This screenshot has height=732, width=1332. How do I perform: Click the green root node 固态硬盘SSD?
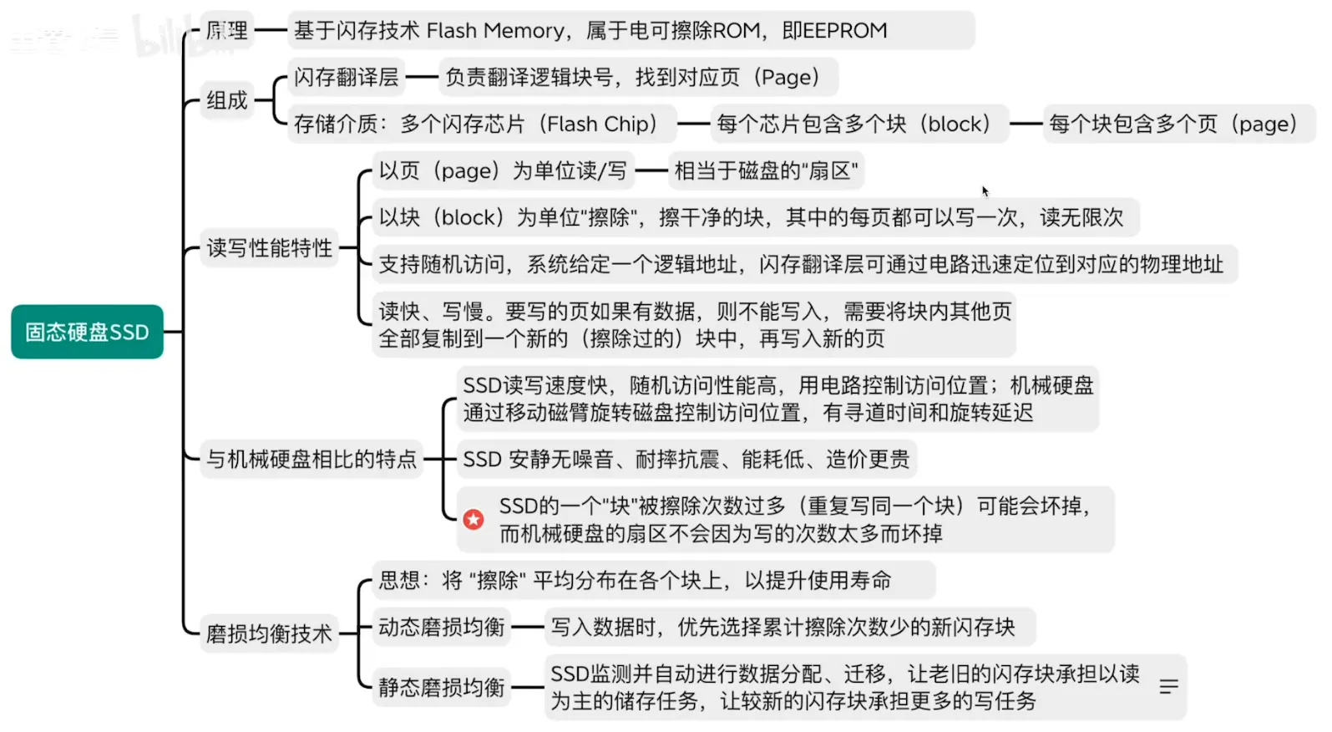coord(87,332)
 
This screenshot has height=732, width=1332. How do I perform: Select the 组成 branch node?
coord(227,100)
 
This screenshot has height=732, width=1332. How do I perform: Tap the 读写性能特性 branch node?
coord(269,247)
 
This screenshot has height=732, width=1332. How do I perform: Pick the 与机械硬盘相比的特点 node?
coord(311,459)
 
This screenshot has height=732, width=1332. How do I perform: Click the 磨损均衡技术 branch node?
coord(269,633)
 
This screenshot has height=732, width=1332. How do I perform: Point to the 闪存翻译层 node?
coord(346,77)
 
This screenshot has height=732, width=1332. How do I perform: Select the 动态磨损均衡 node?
coord(441,627)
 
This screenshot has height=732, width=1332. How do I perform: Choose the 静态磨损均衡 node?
coord(441,687)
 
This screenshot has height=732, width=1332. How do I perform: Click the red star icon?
coord(474,520)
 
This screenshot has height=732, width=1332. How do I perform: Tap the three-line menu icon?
coord(1168,687)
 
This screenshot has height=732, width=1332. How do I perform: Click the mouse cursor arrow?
coord(985,191)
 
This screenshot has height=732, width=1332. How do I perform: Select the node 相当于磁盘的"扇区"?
coord(766,170)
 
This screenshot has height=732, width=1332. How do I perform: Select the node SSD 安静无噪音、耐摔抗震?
coord(686,459)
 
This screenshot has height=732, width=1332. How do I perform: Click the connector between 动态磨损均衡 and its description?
coord(528,627)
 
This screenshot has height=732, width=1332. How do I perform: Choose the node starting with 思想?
coord(635,580)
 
